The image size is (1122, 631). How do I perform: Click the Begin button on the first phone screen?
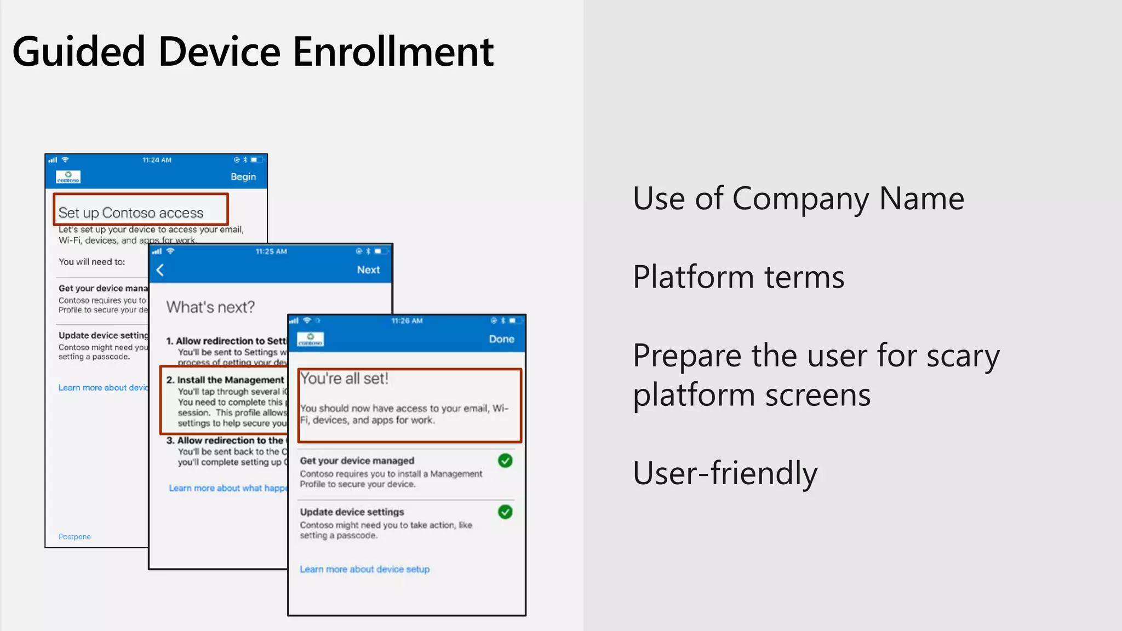(243, 176)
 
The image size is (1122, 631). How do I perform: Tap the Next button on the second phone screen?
(368, 269)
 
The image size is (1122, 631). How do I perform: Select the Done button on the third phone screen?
(501, 339)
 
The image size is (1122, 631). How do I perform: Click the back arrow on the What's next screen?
(160, 270)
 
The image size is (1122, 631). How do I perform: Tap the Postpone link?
(75, 537)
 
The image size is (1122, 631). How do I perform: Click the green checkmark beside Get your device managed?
(505, 461)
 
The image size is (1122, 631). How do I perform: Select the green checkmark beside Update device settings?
(505, 512)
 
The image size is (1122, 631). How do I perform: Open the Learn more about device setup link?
(364, 569)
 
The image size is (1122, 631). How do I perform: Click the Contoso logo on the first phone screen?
(68, 177)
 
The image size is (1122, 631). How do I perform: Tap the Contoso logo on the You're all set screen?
(311, 340)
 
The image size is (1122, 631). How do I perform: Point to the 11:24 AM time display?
(157, 160)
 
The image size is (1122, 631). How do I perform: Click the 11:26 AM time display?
(407, 321)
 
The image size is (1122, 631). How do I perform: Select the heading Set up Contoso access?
(131, 213)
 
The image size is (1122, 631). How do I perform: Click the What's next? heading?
(210, 307)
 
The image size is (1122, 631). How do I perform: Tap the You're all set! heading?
(344, 378)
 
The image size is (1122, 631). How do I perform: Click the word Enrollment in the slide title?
(393, 52)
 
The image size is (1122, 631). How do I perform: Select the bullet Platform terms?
(738, 277)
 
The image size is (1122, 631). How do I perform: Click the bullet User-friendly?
(725, 473)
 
